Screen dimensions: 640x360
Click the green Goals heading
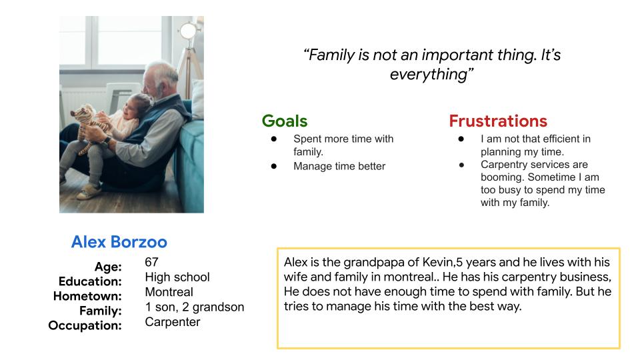tap(285, 121)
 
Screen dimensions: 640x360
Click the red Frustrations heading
tap(498, 121)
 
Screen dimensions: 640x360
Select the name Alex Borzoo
tap(119, 242)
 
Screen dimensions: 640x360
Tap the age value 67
tap(151, 262)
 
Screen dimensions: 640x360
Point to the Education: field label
tap(90, 281)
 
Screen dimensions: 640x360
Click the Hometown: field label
tap(87, 296)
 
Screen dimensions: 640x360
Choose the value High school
tap(177, 277)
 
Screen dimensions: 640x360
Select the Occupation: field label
tap(85, 325)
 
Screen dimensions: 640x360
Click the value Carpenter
tap(172, 322)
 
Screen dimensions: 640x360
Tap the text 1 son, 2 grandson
tap(194, 307)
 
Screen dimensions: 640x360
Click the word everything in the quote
tap(429, 75)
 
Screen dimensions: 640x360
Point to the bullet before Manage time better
tap(274, 166)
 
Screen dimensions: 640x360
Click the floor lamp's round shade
tap(189, 31)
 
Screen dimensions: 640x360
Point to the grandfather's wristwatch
tap(107, 141)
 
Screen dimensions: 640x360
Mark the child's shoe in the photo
tap(89, 191)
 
